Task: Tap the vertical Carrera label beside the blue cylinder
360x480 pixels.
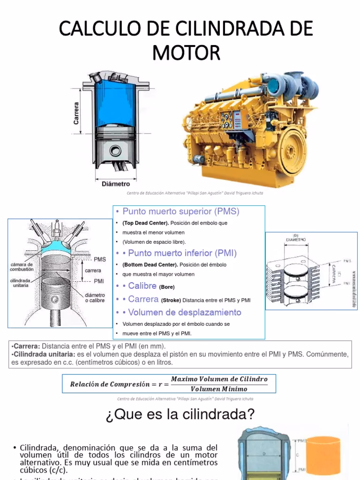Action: tap(76, 113)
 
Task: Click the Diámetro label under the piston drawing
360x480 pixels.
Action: tap(116, 184)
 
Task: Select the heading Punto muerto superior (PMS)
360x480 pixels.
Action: tap(181, 211)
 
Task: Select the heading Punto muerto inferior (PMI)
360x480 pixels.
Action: tap(182, 253)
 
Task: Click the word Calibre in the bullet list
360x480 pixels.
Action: tap(142, 285)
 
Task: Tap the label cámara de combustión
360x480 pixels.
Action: tap(22, 267)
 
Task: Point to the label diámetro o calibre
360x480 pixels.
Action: tap(95, 297)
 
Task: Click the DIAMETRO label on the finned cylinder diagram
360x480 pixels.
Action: tap(296, 239)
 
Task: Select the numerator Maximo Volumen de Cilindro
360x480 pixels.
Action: tap(219, 379)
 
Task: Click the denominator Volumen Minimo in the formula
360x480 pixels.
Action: tap(219, 389)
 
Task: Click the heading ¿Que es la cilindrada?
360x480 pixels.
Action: tap(180, 414)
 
